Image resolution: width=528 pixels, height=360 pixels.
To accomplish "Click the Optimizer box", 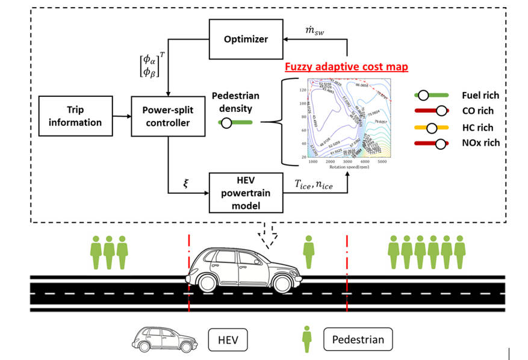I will coord(246,40).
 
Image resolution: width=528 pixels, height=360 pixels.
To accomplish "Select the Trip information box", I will coord(76,116).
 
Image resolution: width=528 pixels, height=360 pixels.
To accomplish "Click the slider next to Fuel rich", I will coord(432,95).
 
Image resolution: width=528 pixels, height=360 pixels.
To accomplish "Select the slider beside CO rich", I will coord(432,111).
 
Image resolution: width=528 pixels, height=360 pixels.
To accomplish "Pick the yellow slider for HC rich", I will coord(432,127).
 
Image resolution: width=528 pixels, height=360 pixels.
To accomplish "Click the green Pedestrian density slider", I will coord(235,123).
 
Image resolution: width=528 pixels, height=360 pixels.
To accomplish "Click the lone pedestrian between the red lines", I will coord(309,252).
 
